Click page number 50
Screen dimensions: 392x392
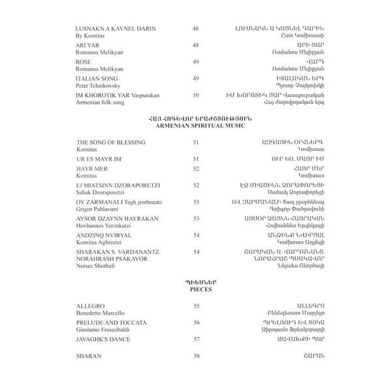pyautogui.click(x=196, y=95)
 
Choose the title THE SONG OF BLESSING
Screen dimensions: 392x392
pyautogui.click(x=110, y=159)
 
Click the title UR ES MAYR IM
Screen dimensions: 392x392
pyautogui.click(x=95, y=176)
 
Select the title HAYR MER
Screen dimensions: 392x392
pyautogui.click(x=89, y=186)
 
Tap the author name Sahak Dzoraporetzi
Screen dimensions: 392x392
pyautogui.click(x=100, y=210)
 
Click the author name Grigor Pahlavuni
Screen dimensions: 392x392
pyautogui.click(x=98, y=227)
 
